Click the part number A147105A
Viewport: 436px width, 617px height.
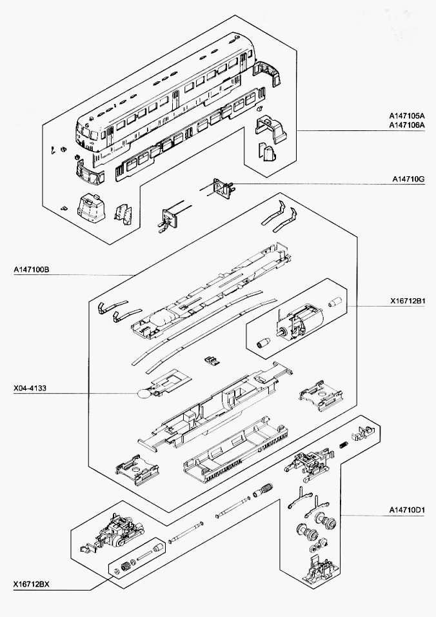click(x=406, y=116)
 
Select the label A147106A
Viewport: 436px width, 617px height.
click(x=406, y=126)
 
